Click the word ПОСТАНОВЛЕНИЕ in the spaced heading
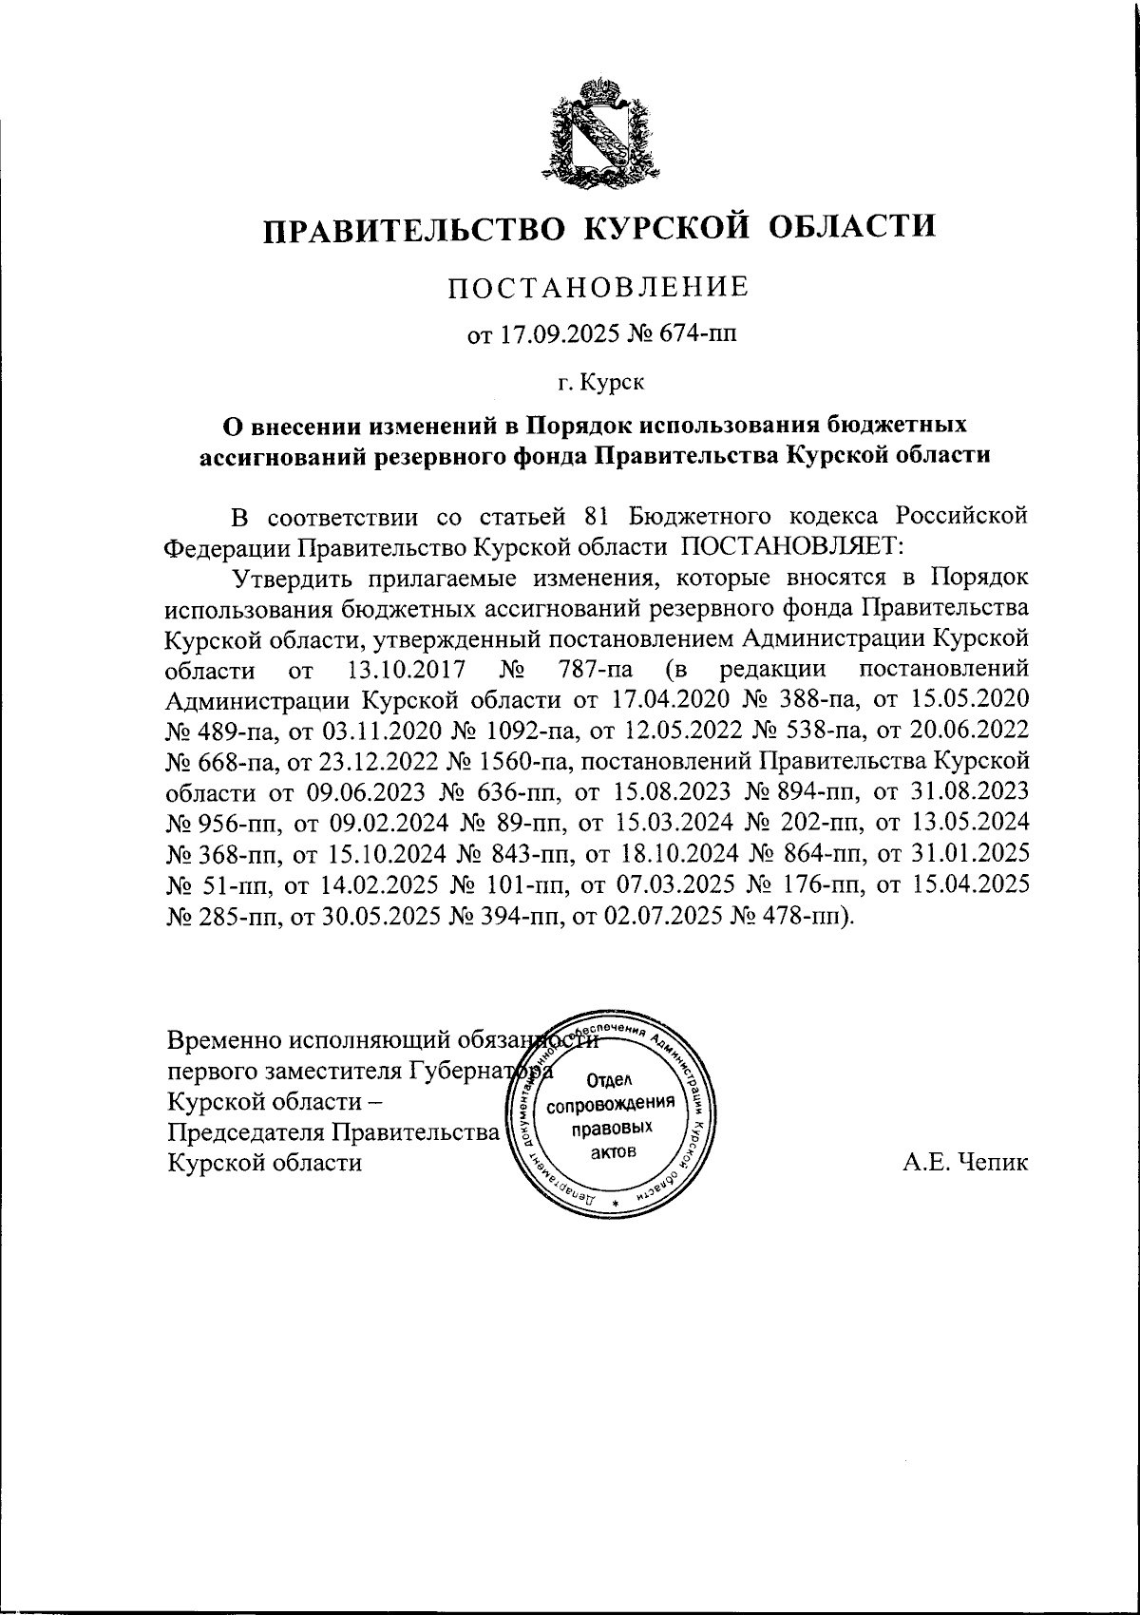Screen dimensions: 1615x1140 coord(598,286)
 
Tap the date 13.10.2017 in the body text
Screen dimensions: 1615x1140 coord(392,672)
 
